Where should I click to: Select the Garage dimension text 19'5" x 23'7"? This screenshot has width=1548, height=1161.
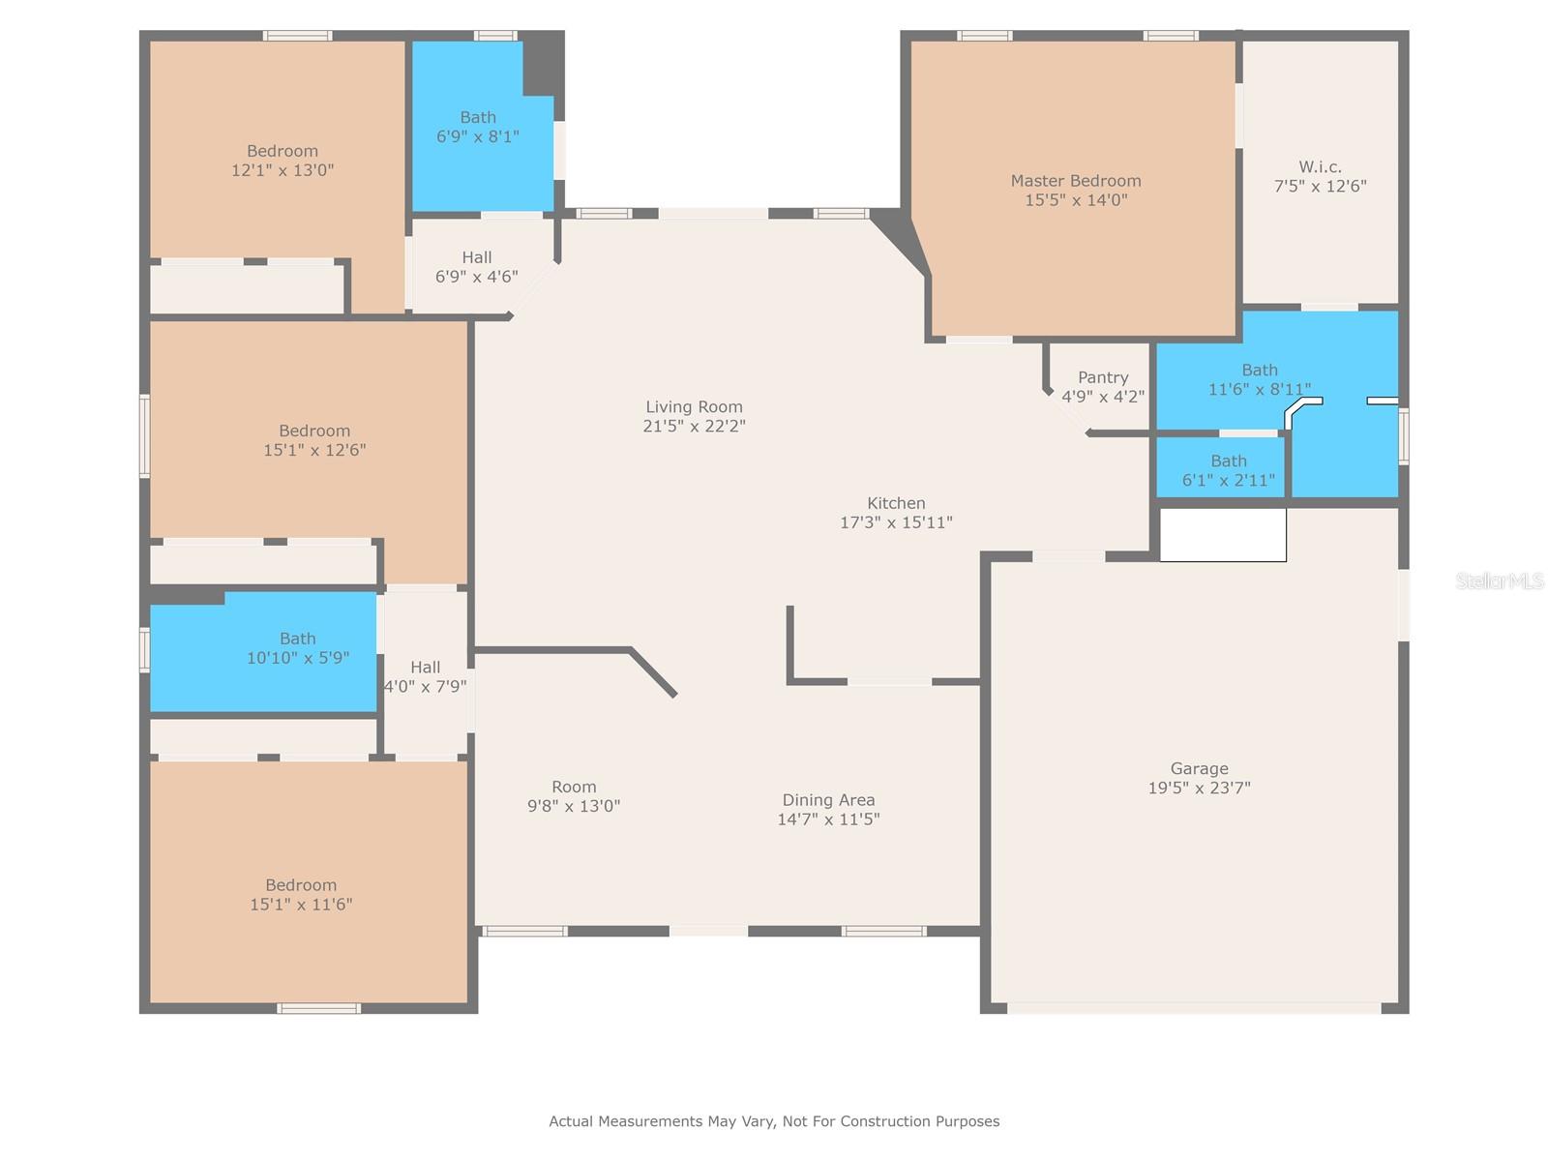coord(1198,788)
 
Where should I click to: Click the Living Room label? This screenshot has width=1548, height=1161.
coord(694,406)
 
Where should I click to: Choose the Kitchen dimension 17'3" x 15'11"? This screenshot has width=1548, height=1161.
coord(896,522)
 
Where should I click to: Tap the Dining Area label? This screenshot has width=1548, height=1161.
coord(828,800)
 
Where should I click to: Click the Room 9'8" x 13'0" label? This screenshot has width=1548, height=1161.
coord(574,796)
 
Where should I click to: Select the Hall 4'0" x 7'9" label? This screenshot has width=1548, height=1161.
coord(425,676)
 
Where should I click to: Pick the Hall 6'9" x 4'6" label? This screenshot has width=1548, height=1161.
coord(476,267)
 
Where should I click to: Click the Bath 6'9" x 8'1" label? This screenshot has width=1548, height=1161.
coord(477,127)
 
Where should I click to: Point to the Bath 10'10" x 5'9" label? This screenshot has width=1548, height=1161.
coord(297,648)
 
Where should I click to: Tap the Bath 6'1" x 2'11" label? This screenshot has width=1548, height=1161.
coord(1228,470)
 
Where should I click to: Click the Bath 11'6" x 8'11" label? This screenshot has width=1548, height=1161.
coord(1259,379)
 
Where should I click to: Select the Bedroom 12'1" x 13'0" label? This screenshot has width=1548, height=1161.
coord(283,160)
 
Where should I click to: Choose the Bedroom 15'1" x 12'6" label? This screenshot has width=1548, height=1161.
coord(313,440)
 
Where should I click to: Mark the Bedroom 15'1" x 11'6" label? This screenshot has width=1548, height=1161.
coord(301,895)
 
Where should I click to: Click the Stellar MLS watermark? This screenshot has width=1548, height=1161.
coord(1499,580)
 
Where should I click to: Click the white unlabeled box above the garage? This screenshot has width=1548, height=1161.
coord(1222,534)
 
